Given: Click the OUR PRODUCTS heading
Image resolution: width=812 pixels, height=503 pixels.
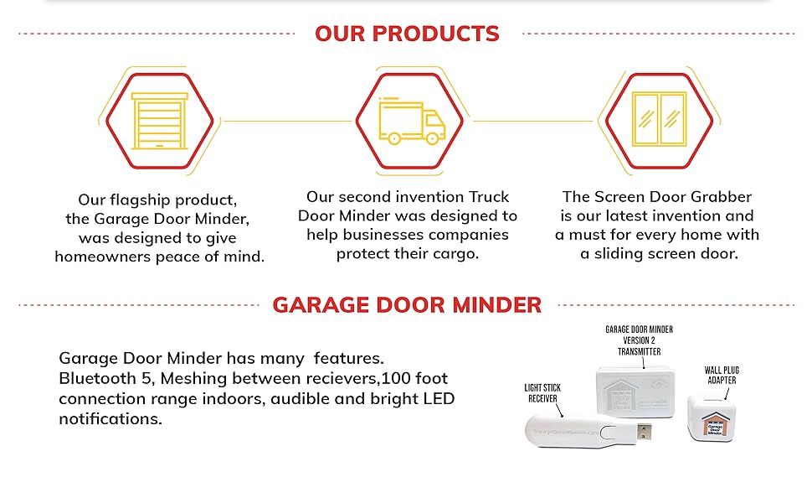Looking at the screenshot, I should [x=407, y=34].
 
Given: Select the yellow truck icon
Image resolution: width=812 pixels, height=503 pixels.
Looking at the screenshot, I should [x=411, y=121].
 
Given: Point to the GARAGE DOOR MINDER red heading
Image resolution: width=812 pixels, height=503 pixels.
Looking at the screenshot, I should [x=407, y=304].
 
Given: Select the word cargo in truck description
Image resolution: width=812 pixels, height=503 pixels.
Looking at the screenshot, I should [x=452, y=254].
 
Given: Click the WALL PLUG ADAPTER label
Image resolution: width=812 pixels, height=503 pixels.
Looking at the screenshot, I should [x=722, y=375].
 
